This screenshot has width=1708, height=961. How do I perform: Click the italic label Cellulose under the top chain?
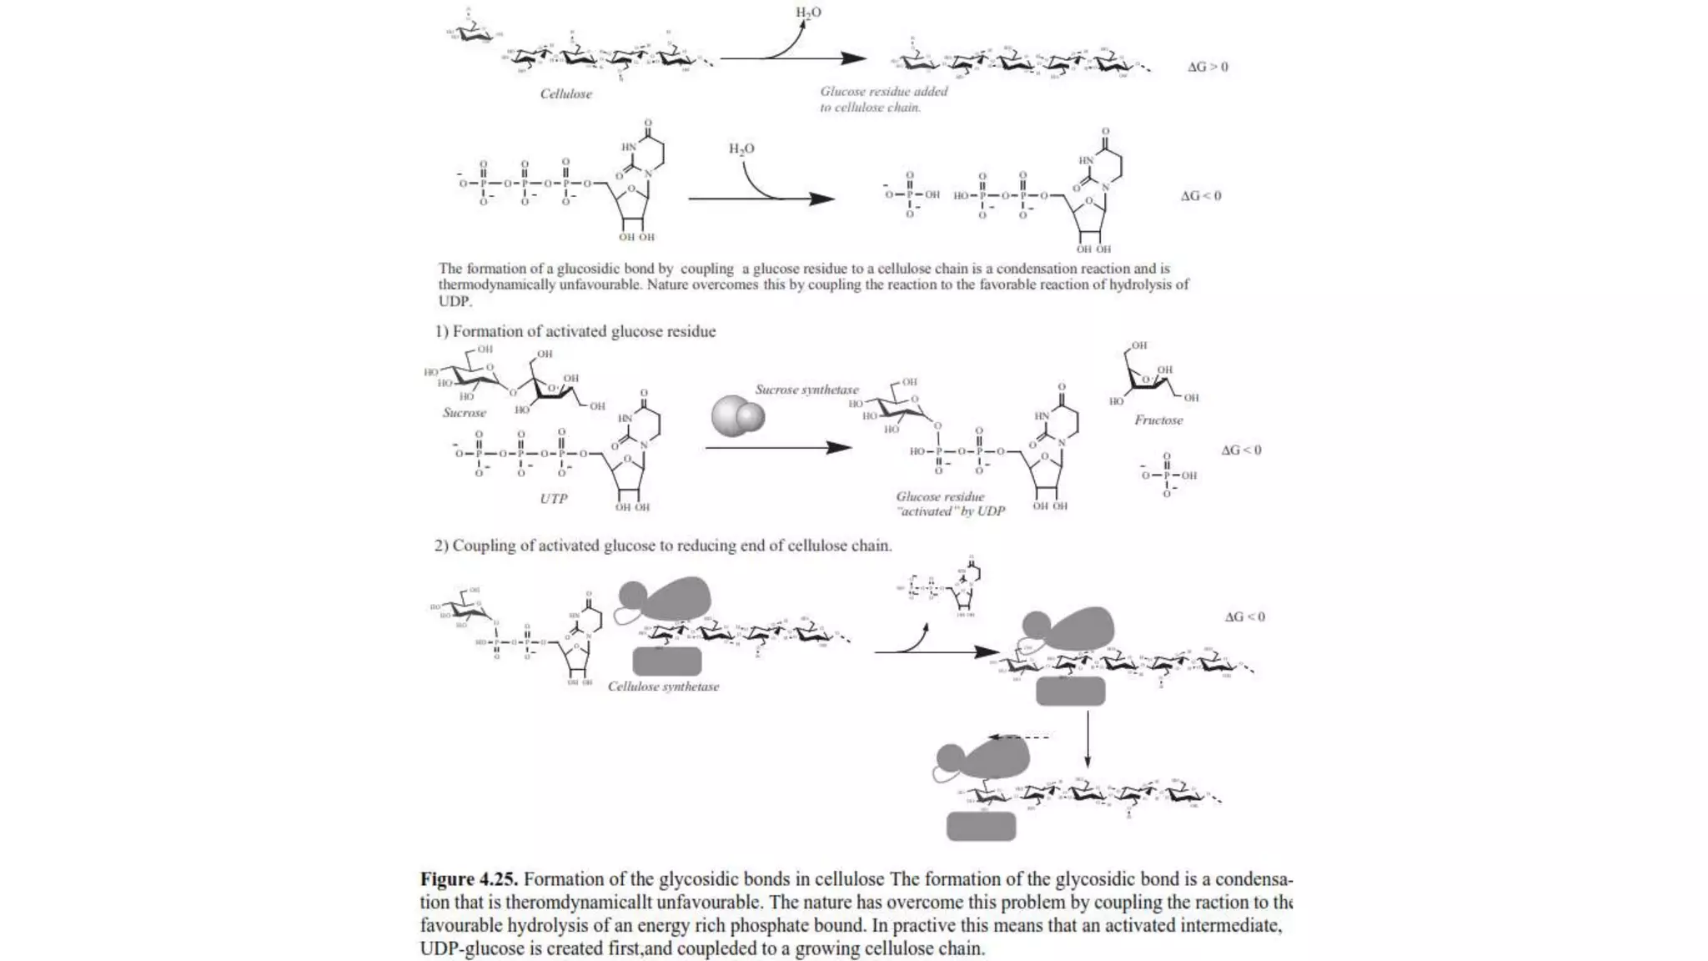(x=565, y=94)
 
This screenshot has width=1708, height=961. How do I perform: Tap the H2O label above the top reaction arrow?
(x=807, y=13)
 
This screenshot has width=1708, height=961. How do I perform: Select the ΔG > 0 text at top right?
(x=1207, y=67)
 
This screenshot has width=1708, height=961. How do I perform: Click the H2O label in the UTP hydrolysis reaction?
(x=741, y=149)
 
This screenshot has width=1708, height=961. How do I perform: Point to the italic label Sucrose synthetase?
(x=806, y=390)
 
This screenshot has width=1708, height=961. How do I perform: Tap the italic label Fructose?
(x=1158, y=420)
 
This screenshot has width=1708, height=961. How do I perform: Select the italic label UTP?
(x=553, y=499)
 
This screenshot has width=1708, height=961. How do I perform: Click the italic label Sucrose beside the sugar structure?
(x=464, y=413)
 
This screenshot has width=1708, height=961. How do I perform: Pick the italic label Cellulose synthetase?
(x=663, y=687)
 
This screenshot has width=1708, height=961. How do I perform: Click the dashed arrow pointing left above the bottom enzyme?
(x=1018, y=737)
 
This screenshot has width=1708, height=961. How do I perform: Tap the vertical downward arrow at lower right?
(x=1087, y=739)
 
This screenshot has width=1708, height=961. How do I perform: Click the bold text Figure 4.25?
(x=469, y=879)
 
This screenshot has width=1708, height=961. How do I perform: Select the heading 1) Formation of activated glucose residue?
(x=575, y=331)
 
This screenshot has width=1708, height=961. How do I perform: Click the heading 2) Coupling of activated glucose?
(x=662, y=546)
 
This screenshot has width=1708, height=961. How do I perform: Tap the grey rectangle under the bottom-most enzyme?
(x=981, y=826)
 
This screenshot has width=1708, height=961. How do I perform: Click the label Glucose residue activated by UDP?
(x=950, y=504)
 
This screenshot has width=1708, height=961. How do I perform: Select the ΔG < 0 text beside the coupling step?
(x=1244, y=617)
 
